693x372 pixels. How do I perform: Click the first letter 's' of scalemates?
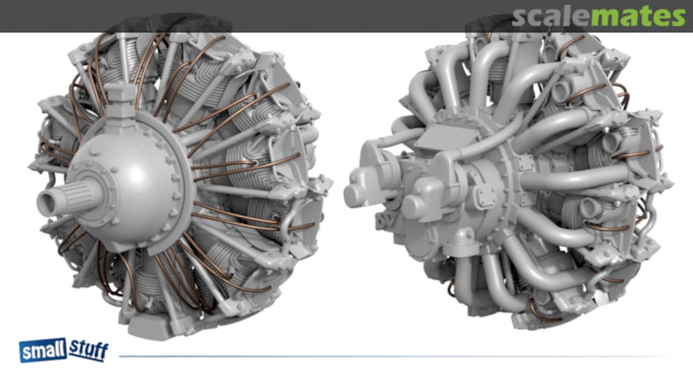pos(520,17)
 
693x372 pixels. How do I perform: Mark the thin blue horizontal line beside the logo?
pos(385,356)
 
